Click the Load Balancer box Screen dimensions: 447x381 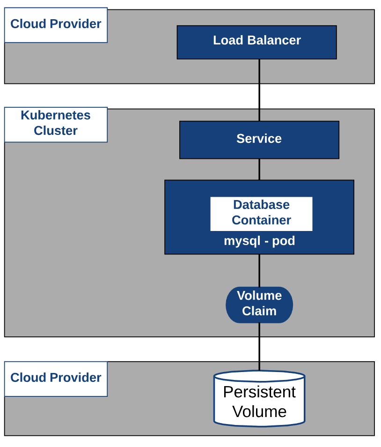(256, 42)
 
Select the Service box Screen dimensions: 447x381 (259, 140)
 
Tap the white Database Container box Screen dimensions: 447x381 (261, 213)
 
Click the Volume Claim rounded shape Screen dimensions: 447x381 (259, 305)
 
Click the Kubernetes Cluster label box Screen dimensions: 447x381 (56, 124)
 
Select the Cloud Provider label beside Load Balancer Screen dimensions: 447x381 (56, 25)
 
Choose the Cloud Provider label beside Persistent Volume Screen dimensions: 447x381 (56, 379)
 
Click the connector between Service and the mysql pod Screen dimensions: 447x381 (259, 169)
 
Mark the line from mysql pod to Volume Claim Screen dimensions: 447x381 (259, 270)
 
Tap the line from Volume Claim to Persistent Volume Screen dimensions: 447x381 (259, 347)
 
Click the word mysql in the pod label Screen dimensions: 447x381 (241, 242)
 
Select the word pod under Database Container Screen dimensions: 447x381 (284, 242)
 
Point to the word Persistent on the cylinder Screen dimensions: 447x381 (259, 392)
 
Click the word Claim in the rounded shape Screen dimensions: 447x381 (259, 311)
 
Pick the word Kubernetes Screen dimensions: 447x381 (56, 115)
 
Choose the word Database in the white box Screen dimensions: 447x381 (261, 205)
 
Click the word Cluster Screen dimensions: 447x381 (56, 131)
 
